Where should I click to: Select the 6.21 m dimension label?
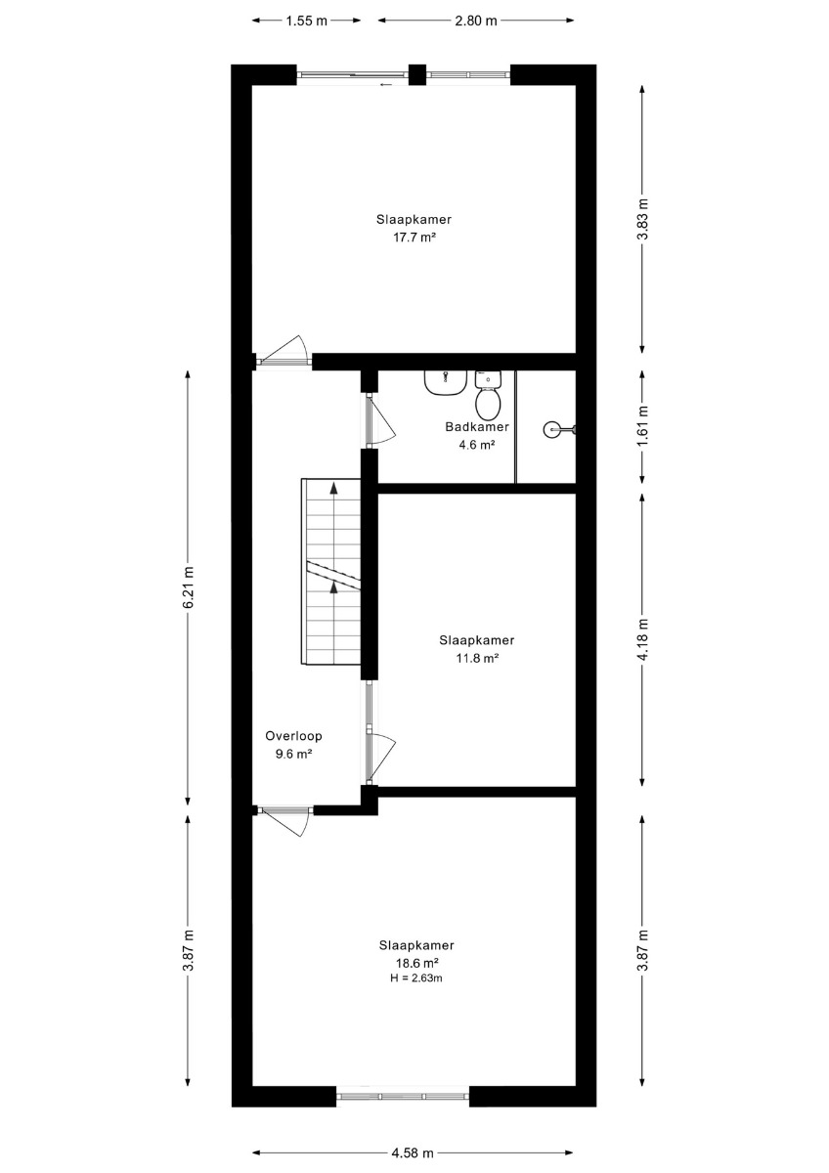(x=189, y=586)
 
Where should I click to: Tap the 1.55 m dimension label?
(x=306, y=21)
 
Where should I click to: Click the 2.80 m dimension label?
(x=475, y=21)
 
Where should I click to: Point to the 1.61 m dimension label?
(x=643, y=426)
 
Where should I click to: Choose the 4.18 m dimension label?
(x=643, y=639)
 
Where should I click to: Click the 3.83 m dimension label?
(x=643, y=219)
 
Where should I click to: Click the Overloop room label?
(x=293, y=736)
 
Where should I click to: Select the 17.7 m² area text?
(x=414, y=238)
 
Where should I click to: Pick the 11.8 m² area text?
(x=476, y=658)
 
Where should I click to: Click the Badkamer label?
(x=476, y=427)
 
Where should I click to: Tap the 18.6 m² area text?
(x=416, y=963)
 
